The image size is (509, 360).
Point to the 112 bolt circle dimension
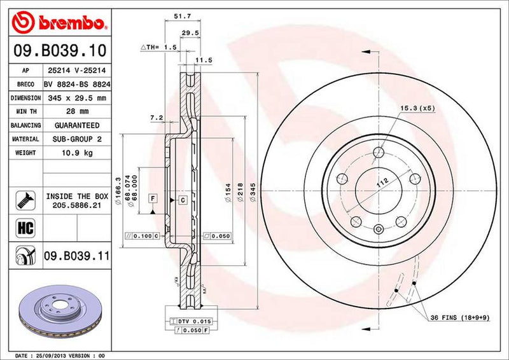pos(382,184)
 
